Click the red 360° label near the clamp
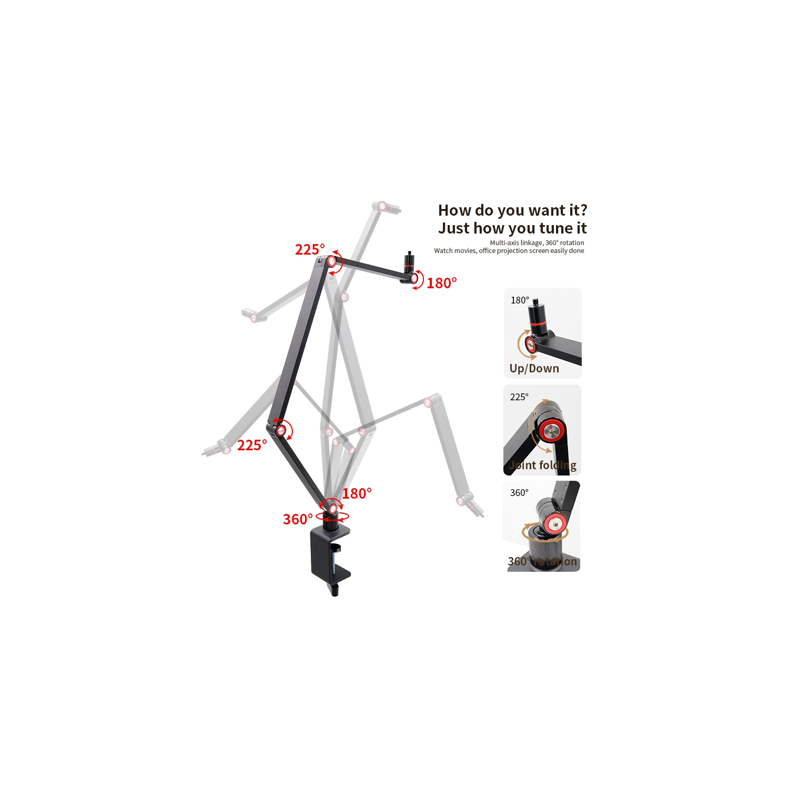click(x=298, y=520)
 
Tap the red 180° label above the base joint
click(x=357, y=494)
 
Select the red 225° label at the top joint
click(x=310, y=249)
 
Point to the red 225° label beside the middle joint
click(x=252, y=446)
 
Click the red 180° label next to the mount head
click(x=441, y=283)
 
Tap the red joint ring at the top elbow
click(x=332, y=261)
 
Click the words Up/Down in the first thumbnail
click(x=534, y=369)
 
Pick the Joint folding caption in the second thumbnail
click(x=543, y=466)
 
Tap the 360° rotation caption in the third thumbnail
click(x=542, y=562)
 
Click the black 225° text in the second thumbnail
click(x=519, y=397)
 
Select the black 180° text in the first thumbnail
click(x=520, y=300)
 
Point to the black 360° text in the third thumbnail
click(x=519, y=493)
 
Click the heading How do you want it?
click(x=512, y=210)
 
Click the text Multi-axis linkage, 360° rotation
click(x=537, y=243)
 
